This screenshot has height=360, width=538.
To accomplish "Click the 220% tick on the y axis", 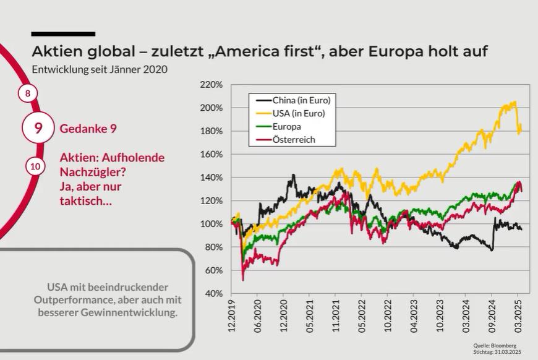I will pyautogui.click(x=212, y=85).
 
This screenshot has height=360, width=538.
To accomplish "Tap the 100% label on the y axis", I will pyautogui.click(x=212, y=224).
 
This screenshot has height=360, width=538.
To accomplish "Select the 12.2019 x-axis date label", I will pyautogui.click(x=232, y=315).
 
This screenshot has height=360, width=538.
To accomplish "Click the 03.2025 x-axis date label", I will pyautogui.click(x=519, y=315).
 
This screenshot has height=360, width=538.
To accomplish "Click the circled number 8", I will pyautogui.click(x=27, y=93).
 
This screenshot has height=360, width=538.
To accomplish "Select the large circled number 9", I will pyautogui.click(x=38, y=129).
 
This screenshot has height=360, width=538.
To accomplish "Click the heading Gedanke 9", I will pyautogui.click(x=88, y=129).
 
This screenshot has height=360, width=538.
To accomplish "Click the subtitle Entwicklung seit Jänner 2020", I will pyautogui.click(x=100, y=69).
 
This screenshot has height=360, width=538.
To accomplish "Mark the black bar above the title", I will pyautogui.click(x=63, y=33).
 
